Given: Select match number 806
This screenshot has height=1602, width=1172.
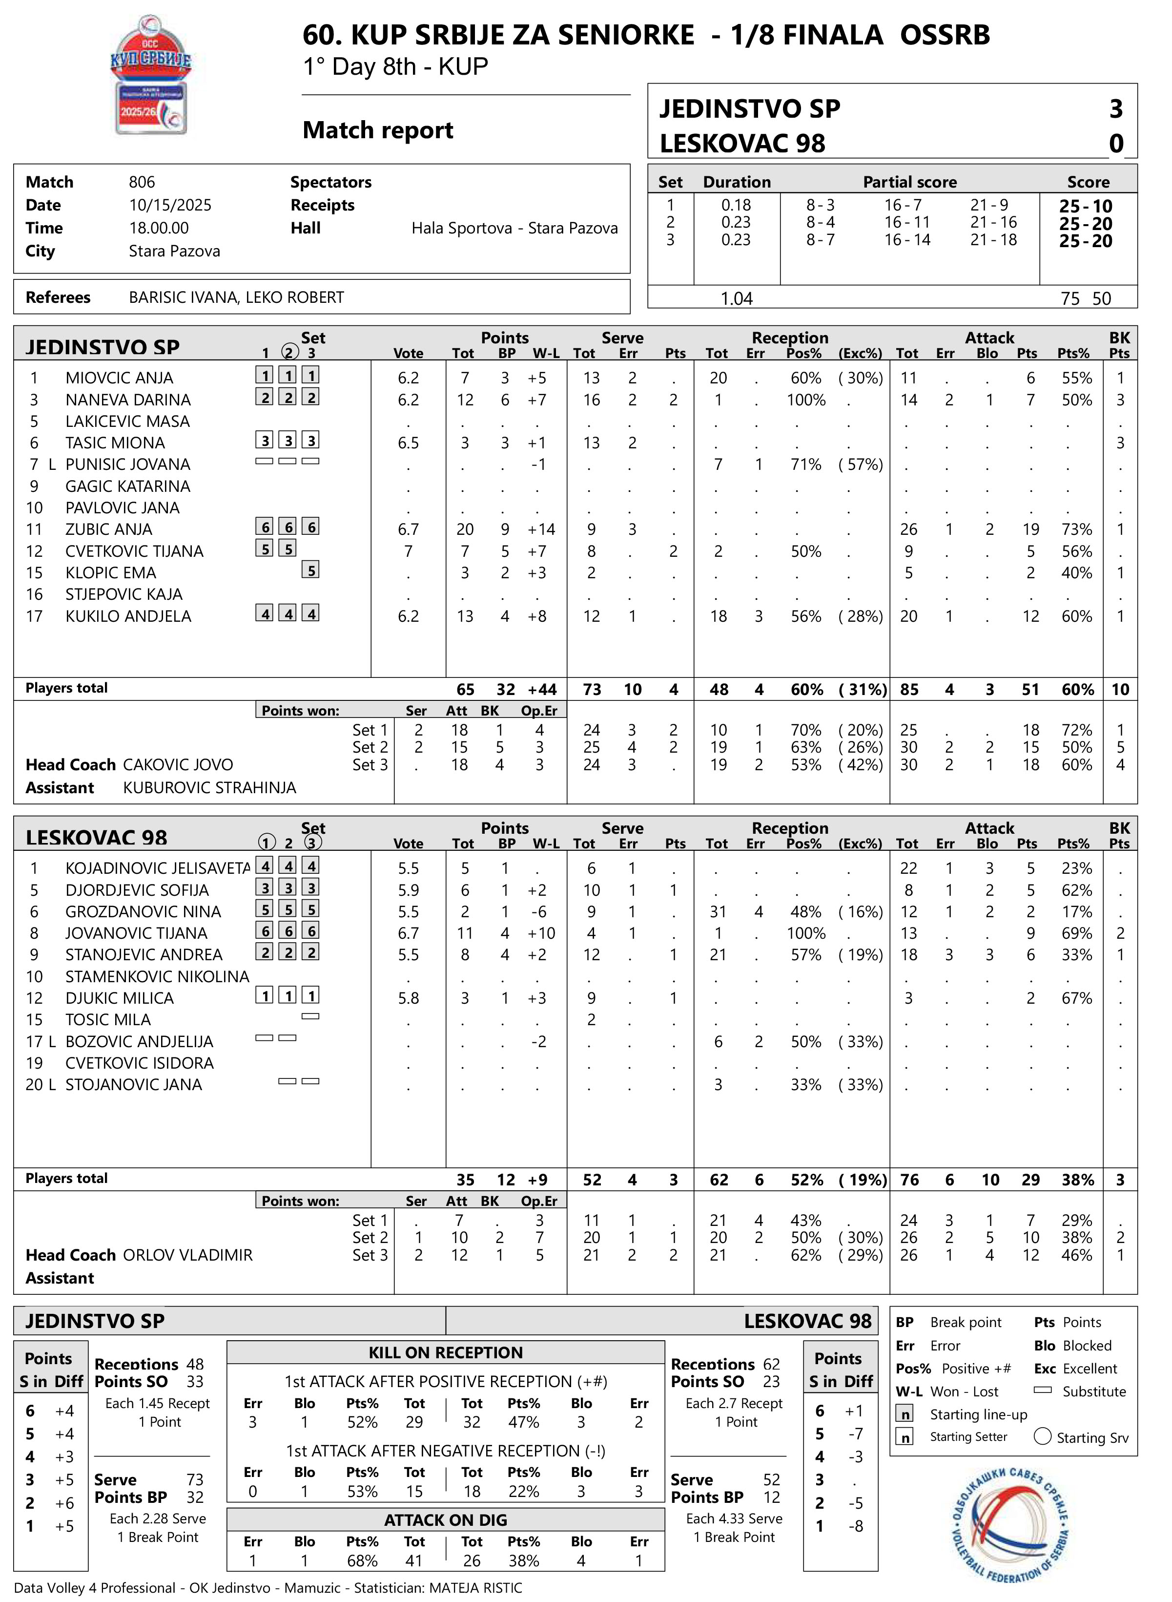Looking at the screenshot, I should (x=142, y=182).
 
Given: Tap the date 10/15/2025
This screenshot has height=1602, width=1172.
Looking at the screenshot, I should (x=170, y=205).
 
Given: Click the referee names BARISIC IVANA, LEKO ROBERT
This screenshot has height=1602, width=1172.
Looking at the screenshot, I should (x=236, y=297).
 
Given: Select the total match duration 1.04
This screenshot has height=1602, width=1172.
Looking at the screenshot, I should (x=737, y=299).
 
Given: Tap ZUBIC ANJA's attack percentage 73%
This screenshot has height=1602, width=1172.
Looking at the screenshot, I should (x=1076, y=529).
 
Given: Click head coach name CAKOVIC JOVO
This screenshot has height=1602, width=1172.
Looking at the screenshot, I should (x=178, y=765).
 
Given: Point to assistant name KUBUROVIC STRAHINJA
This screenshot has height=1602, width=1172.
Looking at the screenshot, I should (x=209, y=788).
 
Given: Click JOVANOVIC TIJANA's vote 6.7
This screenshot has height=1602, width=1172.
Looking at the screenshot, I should (x=408, y=933).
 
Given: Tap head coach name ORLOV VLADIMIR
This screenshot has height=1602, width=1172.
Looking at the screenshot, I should (x=188, y=1256).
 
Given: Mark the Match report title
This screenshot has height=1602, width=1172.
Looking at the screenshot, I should (x=377, y=130).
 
